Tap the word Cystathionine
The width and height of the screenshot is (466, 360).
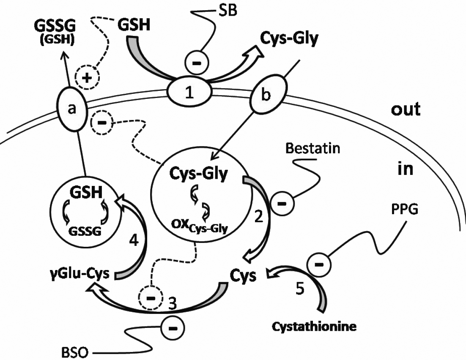pyautogui.click(x=314, y=327)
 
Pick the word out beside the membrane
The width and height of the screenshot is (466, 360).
pyautogui.click(x=405, y=109)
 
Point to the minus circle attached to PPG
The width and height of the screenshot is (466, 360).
pyautogui.click(x=320, y=265)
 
